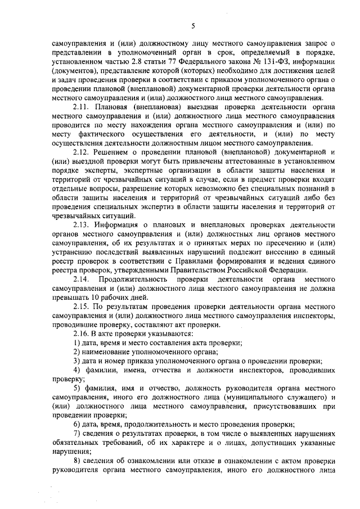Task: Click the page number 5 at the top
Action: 192,25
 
